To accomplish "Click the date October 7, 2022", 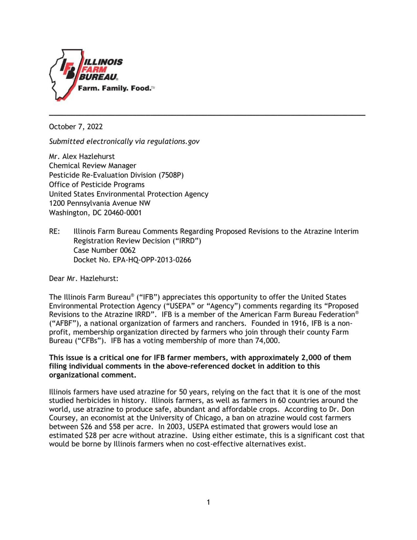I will coord(76,127).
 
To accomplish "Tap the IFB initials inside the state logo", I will coord(68,68).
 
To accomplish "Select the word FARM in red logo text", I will coord(94,70).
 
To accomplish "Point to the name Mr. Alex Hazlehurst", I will coord(82,156).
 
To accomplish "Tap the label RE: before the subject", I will coord(54,231).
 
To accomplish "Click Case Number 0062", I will coord(104,250).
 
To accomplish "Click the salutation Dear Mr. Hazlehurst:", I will coord(83,279).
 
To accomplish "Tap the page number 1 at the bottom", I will coord(208,502).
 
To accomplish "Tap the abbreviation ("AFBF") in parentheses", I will coord(64,323).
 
